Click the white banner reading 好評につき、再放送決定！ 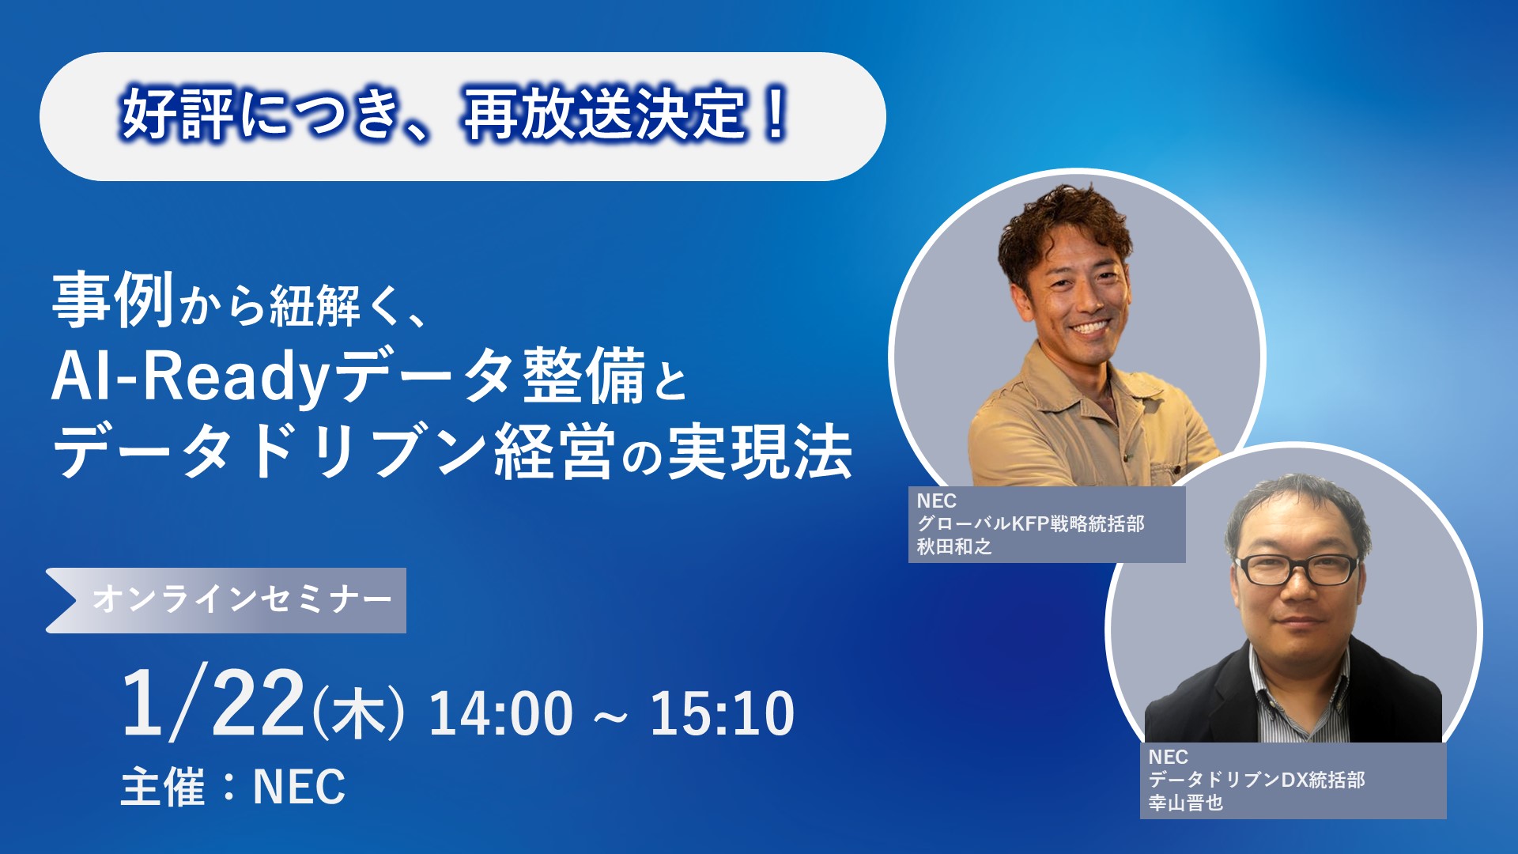tap(463, 117)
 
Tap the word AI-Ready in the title tap(190, 377)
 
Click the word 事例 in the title tap(113, 300)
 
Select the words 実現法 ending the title tap(760, 452)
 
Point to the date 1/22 tap(213, 703)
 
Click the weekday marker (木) tap(358, 712)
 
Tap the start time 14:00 tap(500, 713)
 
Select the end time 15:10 tap(722, 713)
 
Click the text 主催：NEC tap(233, 787)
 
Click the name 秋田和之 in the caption tap(953, 546)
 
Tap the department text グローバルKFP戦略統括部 tap(1030, 523)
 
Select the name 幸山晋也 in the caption tap(1185, 803)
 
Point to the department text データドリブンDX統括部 tap(1256, 780)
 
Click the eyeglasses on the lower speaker tap(1297, 569)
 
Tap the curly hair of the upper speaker tap(1063, 225)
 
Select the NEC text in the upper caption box tap(936, 501)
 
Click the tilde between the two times tap(611, 716)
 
